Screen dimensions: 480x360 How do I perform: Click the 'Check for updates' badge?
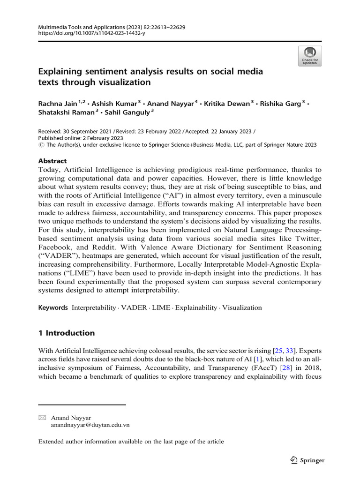(x=310, y=56)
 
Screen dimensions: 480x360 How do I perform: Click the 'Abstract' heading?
(x=52, y=161)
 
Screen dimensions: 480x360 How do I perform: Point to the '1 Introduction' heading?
(x=66, y=333)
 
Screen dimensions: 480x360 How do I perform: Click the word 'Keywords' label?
(x=53, y=308)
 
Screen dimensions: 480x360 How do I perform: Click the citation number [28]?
(x=272, y=367)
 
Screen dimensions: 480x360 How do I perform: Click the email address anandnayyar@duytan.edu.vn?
(x=90, y=425)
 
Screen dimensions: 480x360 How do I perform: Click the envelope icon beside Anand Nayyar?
(x=42, y=417)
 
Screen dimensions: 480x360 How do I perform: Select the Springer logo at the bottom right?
(x=307, y=460)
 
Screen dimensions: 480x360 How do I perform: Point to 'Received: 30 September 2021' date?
(x=78, y=131)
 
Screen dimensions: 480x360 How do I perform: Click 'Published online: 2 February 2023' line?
(x=81, y=138)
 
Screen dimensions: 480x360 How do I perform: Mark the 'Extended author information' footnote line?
(x=131, y=442)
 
